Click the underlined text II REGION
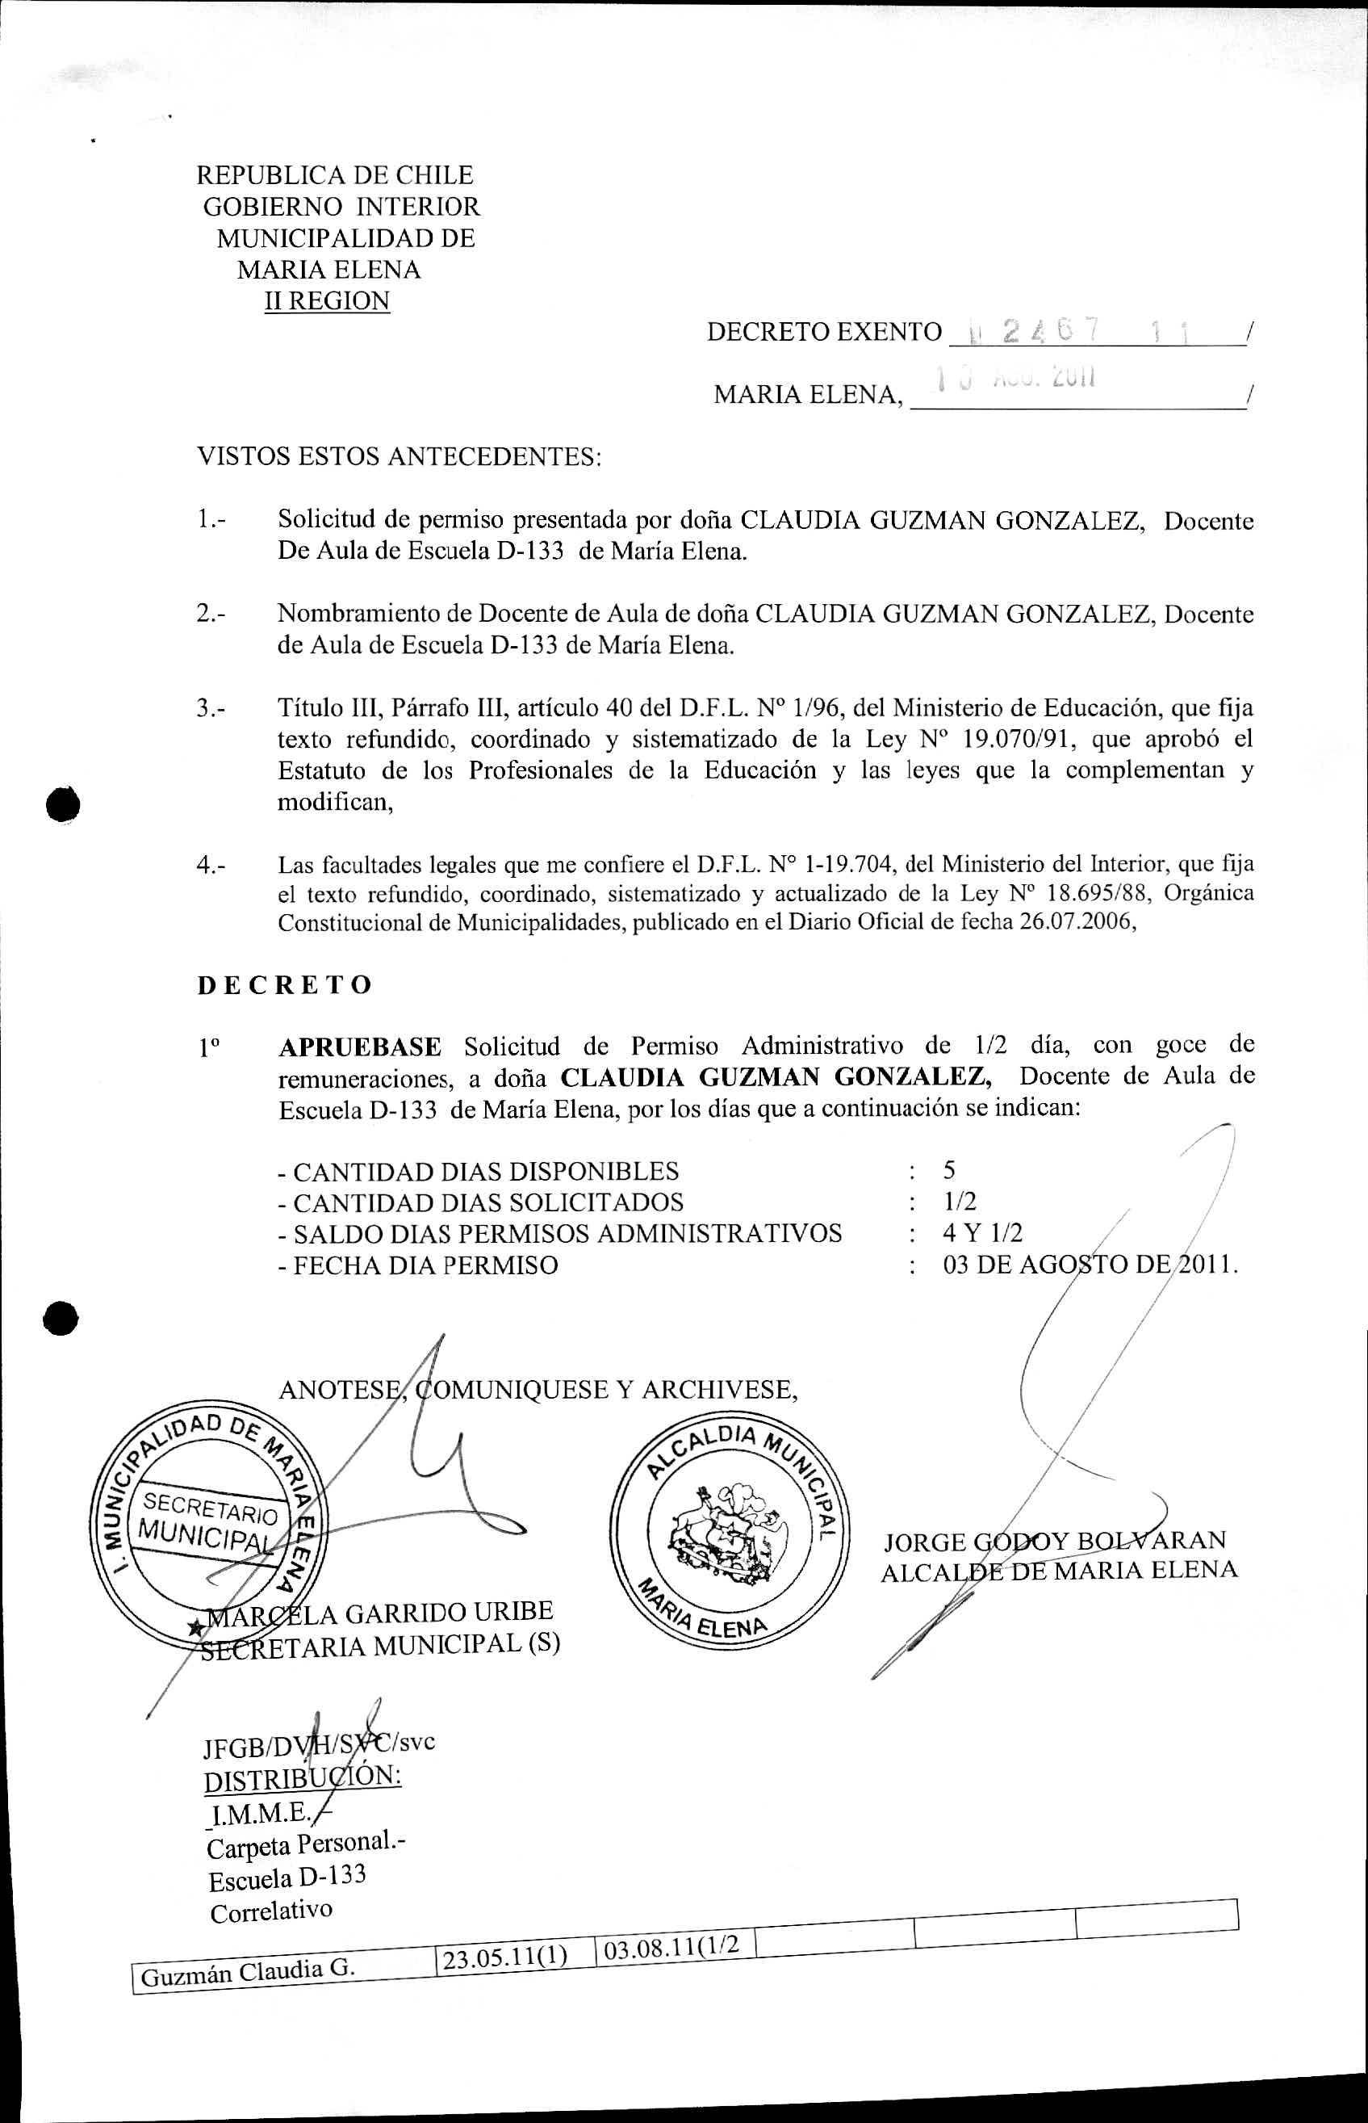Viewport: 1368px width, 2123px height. (327, 300)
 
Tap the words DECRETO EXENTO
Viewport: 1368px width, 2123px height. (823, 333)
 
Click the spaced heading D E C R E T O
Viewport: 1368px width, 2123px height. (284, 984)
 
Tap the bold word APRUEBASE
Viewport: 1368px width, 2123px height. (360, 1047)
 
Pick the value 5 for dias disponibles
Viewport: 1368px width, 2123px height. (950, 1169)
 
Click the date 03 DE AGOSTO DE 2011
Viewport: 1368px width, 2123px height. (1090, 1265)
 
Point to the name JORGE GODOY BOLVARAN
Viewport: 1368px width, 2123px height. (1054, 1540)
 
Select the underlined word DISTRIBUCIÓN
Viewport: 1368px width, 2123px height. (302, 1777)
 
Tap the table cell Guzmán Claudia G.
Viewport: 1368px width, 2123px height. (247, 1973)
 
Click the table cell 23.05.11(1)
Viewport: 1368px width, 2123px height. (504, 1957)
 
